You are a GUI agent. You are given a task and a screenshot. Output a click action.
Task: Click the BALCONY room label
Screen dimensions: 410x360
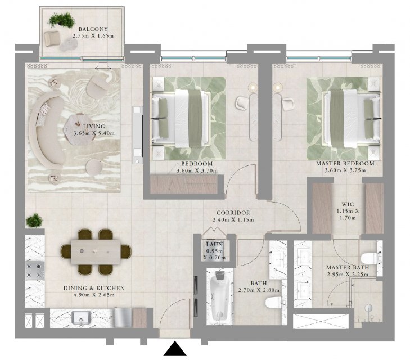(x=93, y=29)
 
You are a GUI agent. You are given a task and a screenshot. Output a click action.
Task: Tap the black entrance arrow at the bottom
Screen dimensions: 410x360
(x=175, y=348)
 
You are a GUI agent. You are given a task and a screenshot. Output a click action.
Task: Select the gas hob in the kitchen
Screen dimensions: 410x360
(x=35, y=271)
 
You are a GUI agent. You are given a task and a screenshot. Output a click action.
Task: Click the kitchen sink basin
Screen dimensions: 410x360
(x=81, y=318)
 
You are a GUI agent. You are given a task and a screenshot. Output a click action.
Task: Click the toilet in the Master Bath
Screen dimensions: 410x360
(x=369, y=258)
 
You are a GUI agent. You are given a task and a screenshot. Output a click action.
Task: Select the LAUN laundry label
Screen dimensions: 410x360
(x=214, y=245)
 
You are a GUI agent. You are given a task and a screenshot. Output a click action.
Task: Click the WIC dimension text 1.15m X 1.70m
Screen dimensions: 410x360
(x=348, y=214)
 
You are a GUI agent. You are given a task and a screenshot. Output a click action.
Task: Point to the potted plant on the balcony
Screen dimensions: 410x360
(x=62, y=20)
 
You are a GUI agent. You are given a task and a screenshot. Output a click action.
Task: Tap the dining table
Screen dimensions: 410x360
(x=96, y=252)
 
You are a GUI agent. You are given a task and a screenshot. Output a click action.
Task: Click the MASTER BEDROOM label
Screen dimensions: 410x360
(x=345, y=164)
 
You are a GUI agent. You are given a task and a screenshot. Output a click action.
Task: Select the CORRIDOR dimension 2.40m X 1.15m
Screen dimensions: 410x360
(x=233, y=220)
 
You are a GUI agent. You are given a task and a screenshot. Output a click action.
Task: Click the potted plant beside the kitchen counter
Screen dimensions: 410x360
(x=34, y=220)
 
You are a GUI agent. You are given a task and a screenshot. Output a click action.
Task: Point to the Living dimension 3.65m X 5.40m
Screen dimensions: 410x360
(x=94, y=133)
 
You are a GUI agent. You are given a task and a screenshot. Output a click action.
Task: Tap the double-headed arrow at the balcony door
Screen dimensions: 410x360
(x=103, y=69)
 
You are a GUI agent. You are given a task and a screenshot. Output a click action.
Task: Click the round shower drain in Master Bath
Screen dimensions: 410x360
(x=368, y=308)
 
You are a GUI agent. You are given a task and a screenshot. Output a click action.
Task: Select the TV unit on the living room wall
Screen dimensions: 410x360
(x=138, y=135)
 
